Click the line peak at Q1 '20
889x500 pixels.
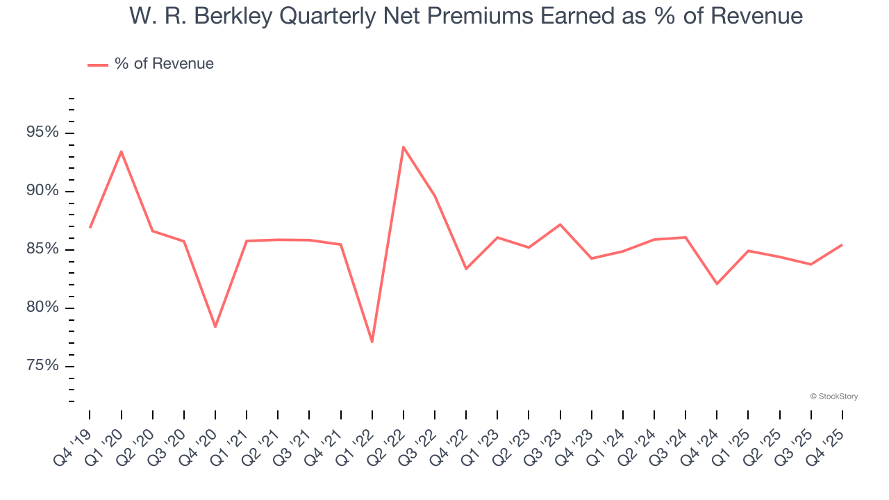(x=122, y=151)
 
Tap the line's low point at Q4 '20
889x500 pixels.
(x=215, y=326)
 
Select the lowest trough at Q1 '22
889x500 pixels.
(x=372, y=342)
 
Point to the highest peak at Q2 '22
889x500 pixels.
(x=404, y=147)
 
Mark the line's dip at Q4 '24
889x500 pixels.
(x=717, y=284)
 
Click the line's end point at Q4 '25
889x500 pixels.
(x=842, y=244)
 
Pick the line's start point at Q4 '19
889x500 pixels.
(x=90, y=227)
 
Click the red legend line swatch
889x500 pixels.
(x=97, y=65)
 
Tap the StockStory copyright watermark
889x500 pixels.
(x=833, y=397)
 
